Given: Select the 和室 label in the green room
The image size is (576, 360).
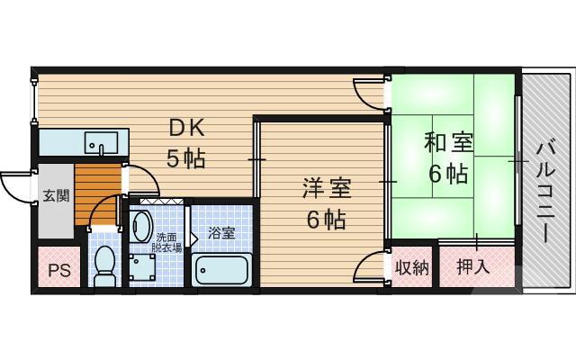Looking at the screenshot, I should coord(447,143).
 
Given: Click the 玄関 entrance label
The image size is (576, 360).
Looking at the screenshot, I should coord(55,195).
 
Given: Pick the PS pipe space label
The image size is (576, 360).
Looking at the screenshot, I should coord(58,270).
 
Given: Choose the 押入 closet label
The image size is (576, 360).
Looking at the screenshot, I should coord(472,266).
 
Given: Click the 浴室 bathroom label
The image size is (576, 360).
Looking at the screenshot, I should coord(221,232).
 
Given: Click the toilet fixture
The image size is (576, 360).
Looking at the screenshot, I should coord(106,264).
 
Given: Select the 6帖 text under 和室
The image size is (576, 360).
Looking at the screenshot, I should coord(447,173).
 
